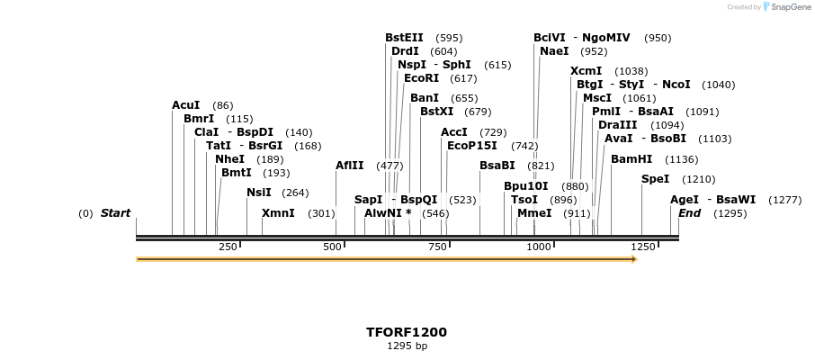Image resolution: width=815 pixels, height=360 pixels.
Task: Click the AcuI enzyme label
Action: point(186,105)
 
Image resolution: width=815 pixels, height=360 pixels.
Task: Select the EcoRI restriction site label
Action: point(421,78)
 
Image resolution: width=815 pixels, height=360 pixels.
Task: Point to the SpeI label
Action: point(655,179)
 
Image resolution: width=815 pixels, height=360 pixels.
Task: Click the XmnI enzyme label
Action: point(278,213)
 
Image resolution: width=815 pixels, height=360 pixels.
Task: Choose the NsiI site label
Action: point(258,192)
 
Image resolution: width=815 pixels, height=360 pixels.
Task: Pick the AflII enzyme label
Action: point(350,166)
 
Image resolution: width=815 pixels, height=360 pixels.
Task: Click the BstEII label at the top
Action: point(404,38)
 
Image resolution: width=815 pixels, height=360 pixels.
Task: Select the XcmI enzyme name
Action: point(586,71)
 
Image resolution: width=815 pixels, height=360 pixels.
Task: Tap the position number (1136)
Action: point(681,159)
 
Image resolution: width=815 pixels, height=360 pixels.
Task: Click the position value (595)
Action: point(449,38)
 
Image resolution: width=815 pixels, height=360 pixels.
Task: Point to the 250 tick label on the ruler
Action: point(228,247)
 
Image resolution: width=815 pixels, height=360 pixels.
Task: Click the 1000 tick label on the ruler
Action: point(539,247)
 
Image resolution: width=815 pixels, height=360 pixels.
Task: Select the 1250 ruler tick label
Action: point(642,247)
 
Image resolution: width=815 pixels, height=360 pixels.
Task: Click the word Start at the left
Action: point(115,213)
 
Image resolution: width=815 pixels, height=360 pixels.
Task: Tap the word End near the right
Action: point(689,213)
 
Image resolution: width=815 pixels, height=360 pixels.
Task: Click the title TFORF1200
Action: point(407,332)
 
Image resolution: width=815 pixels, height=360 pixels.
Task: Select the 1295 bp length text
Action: point(407,346)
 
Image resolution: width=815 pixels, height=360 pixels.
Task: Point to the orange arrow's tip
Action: point(636,259)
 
